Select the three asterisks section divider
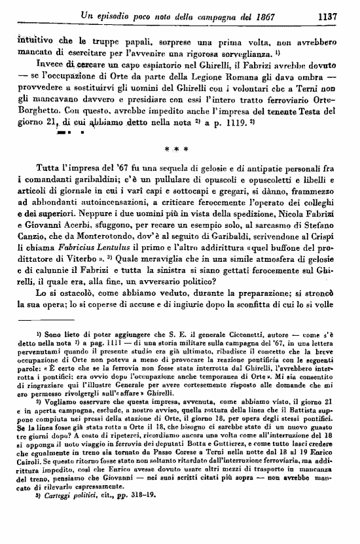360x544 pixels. (x=177, y=149)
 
